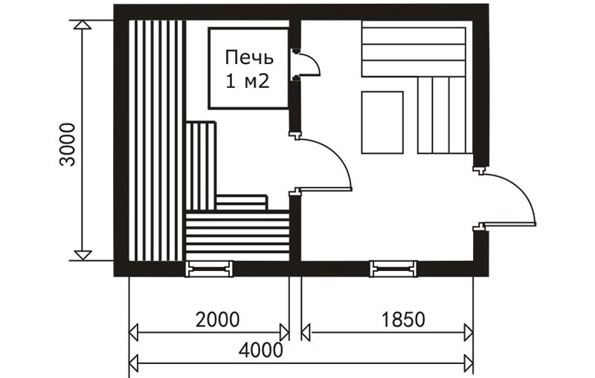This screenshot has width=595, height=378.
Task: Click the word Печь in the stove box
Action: coord(249,58)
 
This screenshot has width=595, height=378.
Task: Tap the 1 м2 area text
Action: coord(248,81)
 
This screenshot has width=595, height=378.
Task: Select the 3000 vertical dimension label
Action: coord(68,144)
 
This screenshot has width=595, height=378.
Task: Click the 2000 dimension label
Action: coord(217,319)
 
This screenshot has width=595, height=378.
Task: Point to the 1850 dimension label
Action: coord(403,319)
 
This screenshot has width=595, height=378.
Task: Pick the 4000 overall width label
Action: coord(261,350)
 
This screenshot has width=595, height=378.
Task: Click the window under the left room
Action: coord(209,269)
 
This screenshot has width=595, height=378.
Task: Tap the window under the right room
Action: coord(393,269)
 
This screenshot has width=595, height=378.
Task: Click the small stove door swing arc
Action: coord(315,62)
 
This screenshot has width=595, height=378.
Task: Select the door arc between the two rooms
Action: coord(341,155)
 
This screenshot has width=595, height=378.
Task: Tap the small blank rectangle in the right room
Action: coord(382,123)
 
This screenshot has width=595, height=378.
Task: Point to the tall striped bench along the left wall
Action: coord(157,141)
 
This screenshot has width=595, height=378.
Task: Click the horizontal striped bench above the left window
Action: coord(238,236)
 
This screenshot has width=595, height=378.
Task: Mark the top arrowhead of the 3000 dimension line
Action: coord(83,25)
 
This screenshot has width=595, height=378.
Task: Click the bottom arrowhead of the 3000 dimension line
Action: coord(83,255)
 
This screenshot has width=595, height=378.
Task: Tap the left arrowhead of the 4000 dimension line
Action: coord(133,364)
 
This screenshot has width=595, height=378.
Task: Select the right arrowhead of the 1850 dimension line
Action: coord(469,333)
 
